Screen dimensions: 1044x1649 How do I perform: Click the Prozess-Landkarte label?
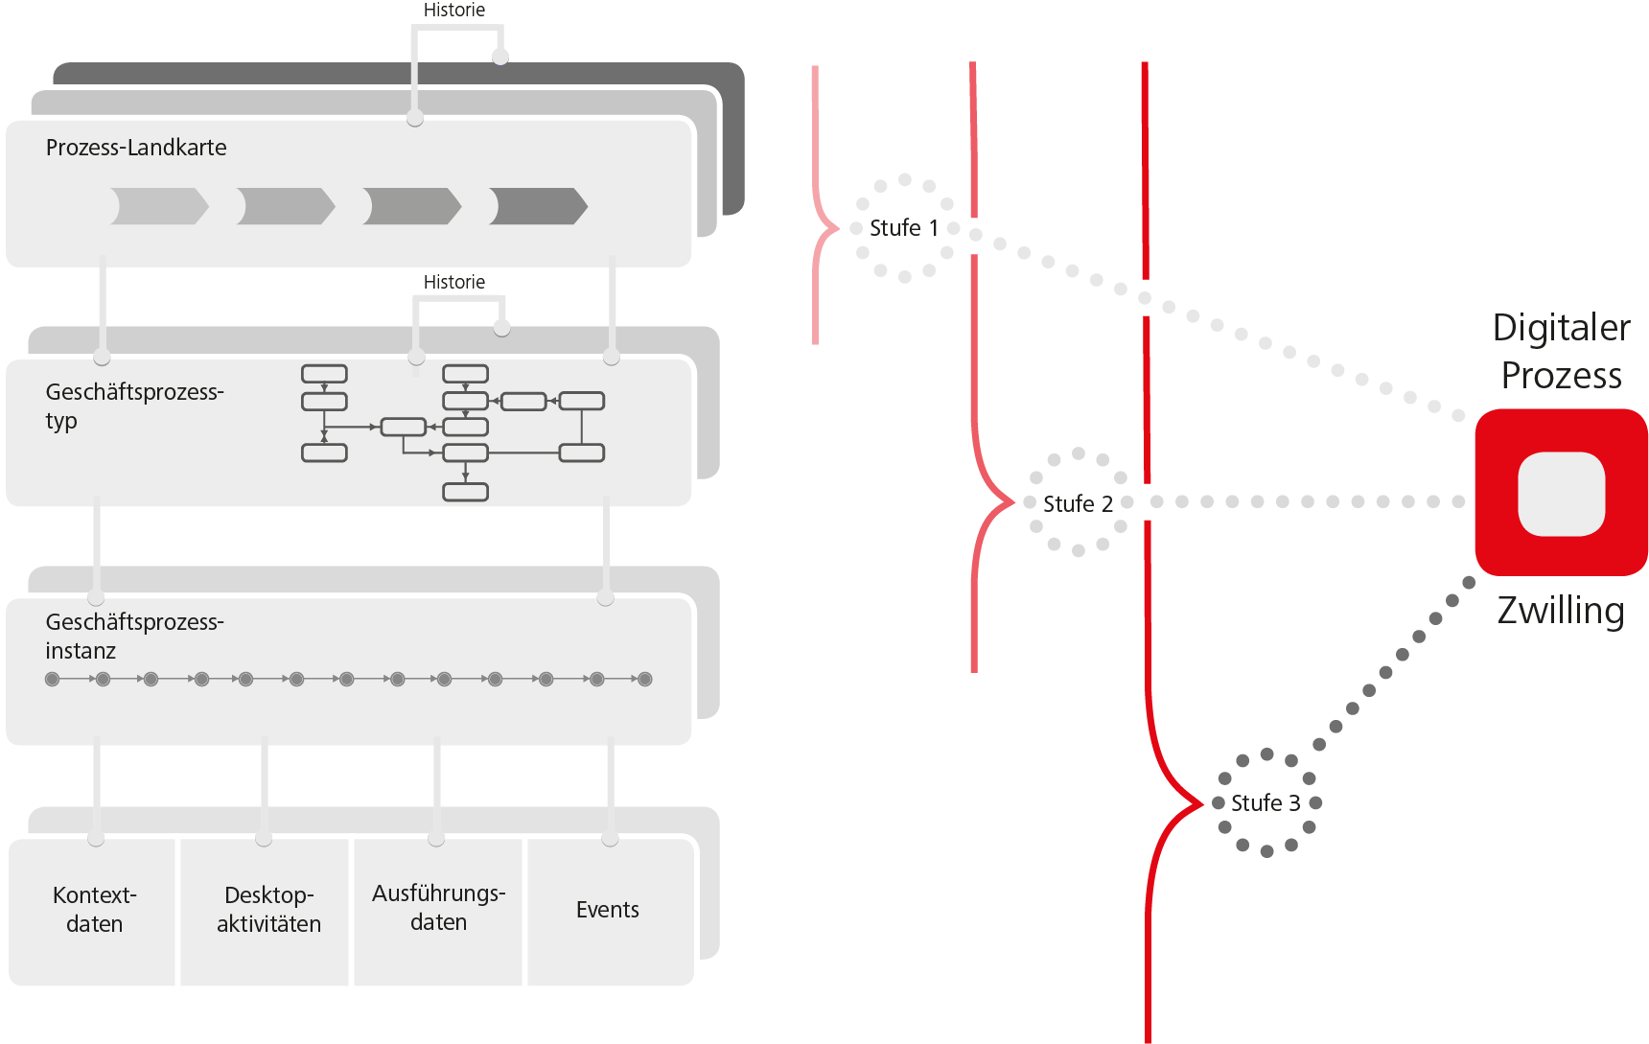coord(136,148)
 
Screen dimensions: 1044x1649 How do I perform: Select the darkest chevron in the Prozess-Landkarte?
coord(538,206)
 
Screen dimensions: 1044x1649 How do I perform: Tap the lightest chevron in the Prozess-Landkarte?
coord(159,206)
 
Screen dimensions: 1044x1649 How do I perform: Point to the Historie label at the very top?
coord(453,11)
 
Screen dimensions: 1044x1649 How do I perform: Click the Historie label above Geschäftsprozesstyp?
coord(453,282)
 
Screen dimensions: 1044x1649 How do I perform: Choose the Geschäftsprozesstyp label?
coord(134,406)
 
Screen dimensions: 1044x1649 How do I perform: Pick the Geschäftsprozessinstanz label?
coord(134,636)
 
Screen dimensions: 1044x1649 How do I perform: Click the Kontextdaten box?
coord(94,910)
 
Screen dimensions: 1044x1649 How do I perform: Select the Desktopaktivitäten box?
coord(267,910)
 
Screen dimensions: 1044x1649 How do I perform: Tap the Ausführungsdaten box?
coord(438,908)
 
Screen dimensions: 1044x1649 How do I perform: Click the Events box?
coord(608,910)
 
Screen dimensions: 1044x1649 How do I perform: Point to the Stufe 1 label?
coord(903,228)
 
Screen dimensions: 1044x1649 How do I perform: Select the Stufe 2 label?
coord(1078,504)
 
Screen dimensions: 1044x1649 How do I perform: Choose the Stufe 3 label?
coord(1266,803)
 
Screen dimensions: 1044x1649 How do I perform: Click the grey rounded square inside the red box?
coord(1561,494)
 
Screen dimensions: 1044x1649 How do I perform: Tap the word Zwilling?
coord(1561,611)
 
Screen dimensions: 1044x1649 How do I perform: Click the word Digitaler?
coord(1561,328)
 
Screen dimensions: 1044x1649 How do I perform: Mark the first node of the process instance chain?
coord(53,680)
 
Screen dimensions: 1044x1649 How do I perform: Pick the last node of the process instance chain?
coord(645,680)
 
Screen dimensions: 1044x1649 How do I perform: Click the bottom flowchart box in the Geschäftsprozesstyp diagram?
coord(465,492)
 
